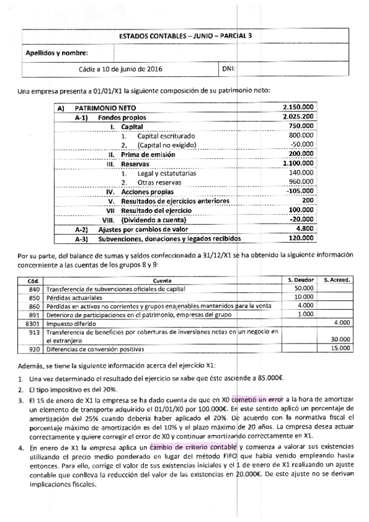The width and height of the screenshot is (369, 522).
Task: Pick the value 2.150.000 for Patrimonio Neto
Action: pyautogui.click(x=300, y=107)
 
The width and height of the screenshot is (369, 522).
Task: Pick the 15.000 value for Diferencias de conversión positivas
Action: pyautogui.click(x=339, y=348)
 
